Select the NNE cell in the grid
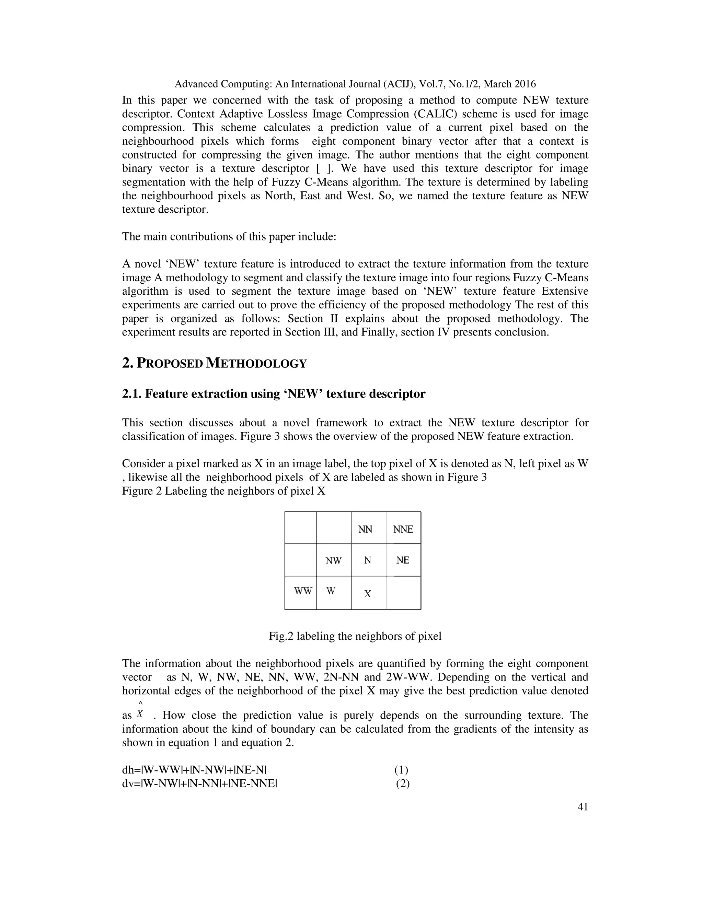tap(403, 529)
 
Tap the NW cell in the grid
tap(334, 560)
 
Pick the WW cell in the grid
tap(303, 591)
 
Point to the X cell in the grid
tap(368, 594)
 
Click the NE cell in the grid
tap(402, 560)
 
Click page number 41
tap(583, 807)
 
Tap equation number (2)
tap(402, 784)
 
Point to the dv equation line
tap(199, 784)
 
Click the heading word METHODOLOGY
tap(256, 363)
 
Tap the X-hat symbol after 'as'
tap(140, 713)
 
